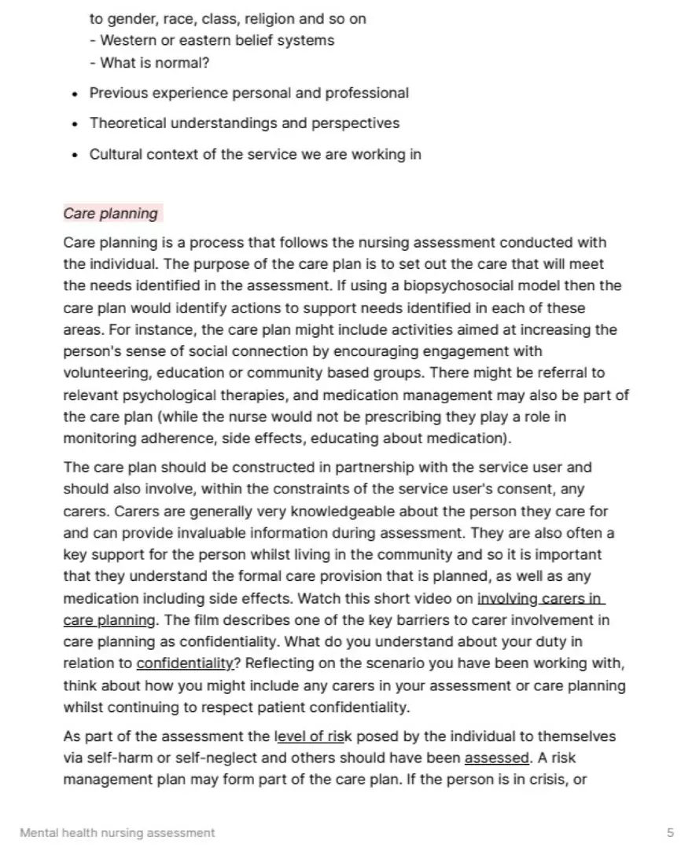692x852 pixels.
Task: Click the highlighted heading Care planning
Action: tap(111, 213)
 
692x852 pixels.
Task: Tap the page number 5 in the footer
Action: tap(670, 832)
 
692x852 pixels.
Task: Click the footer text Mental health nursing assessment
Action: tap(117, 832)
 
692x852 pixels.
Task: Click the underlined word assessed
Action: tap(497, 758)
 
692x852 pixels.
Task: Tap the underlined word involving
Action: tap(507, 599)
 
